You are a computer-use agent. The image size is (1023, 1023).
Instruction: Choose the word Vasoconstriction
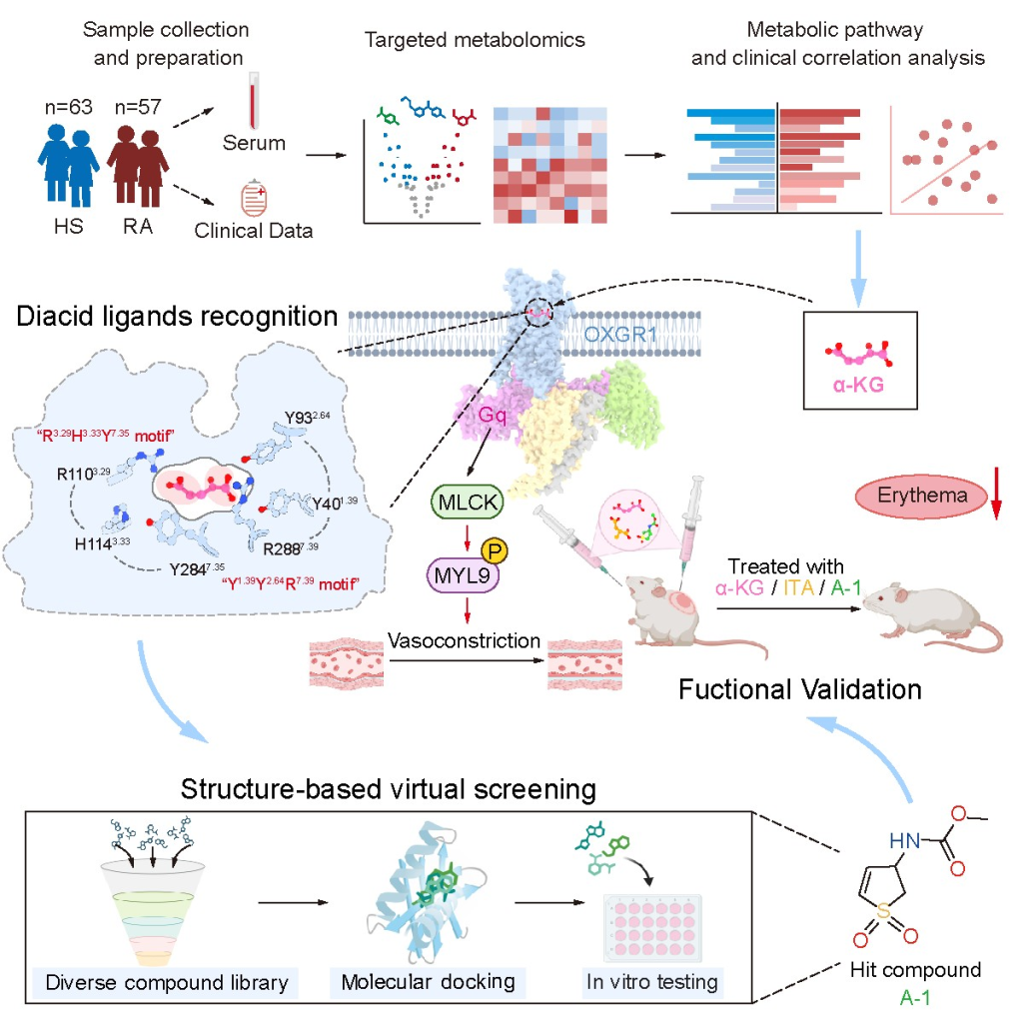tap(466, 640)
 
